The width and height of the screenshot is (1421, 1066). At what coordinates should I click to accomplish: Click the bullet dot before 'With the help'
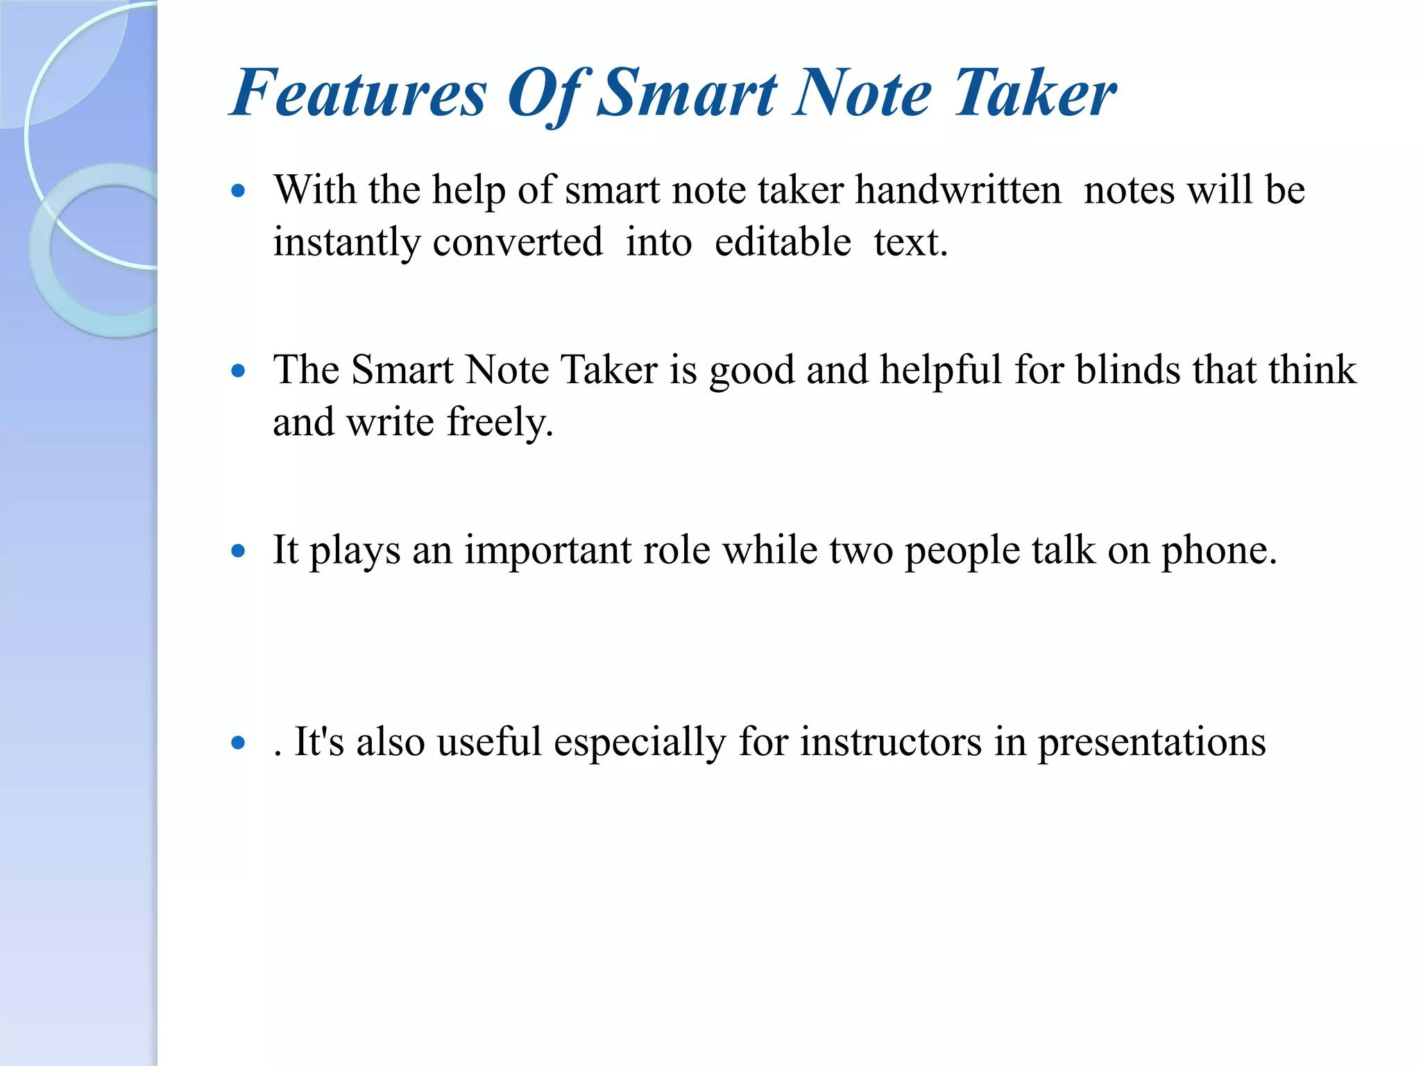pos(238,191)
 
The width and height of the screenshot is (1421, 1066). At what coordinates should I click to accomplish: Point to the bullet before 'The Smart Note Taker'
pos(238,371)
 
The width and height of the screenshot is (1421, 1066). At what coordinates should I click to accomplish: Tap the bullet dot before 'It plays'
pos(238,552)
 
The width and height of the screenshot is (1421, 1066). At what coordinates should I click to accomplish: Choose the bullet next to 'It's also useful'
pos(238,743)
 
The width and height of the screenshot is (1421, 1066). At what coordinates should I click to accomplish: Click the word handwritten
pos(958,189)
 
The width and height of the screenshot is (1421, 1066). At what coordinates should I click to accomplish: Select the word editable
pos(783,242)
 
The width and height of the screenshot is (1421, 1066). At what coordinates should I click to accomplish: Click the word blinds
pos(1128,369)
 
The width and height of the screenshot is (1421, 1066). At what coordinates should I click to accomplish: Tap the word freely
pos(500,423)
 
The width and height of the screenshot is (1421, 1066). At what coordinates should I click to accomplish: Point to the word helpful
pos(941,369)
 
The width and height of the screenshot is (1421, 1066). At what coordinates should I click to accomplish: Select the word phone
pos(1218,550)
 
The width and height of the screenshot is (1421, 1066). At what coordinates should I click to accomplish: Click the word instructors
pos(891,742)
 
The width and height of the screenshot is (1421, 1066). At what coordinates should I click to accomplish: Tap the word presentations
pos(1151,742)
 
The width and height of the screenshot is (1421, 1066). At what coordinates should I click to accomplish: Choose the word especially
pos(639,742)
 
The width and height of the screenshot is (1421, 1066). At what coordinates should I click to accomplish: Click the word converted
pos(518,242)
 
